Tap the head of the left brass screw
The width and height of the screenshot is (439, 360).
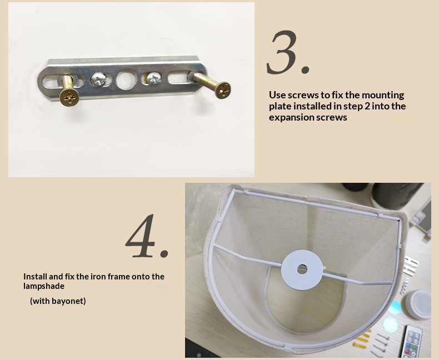69,97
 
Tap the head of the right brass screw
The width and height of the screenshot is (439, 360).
223,90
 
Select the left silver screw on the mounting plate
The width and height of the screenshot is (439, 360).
98,79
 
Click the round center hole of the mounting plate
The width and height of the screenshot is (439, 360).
126,79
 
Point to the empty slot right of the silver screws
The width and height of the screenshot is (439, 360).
179,77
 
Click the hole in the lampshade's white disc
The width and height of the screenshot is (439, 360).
302,269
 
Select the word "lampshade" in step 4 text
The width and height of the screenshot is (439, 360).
44,286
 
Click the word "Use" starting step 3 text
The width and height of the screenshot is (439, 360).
277,95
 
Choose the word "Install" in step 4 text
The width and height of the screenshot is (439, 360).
35,277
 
